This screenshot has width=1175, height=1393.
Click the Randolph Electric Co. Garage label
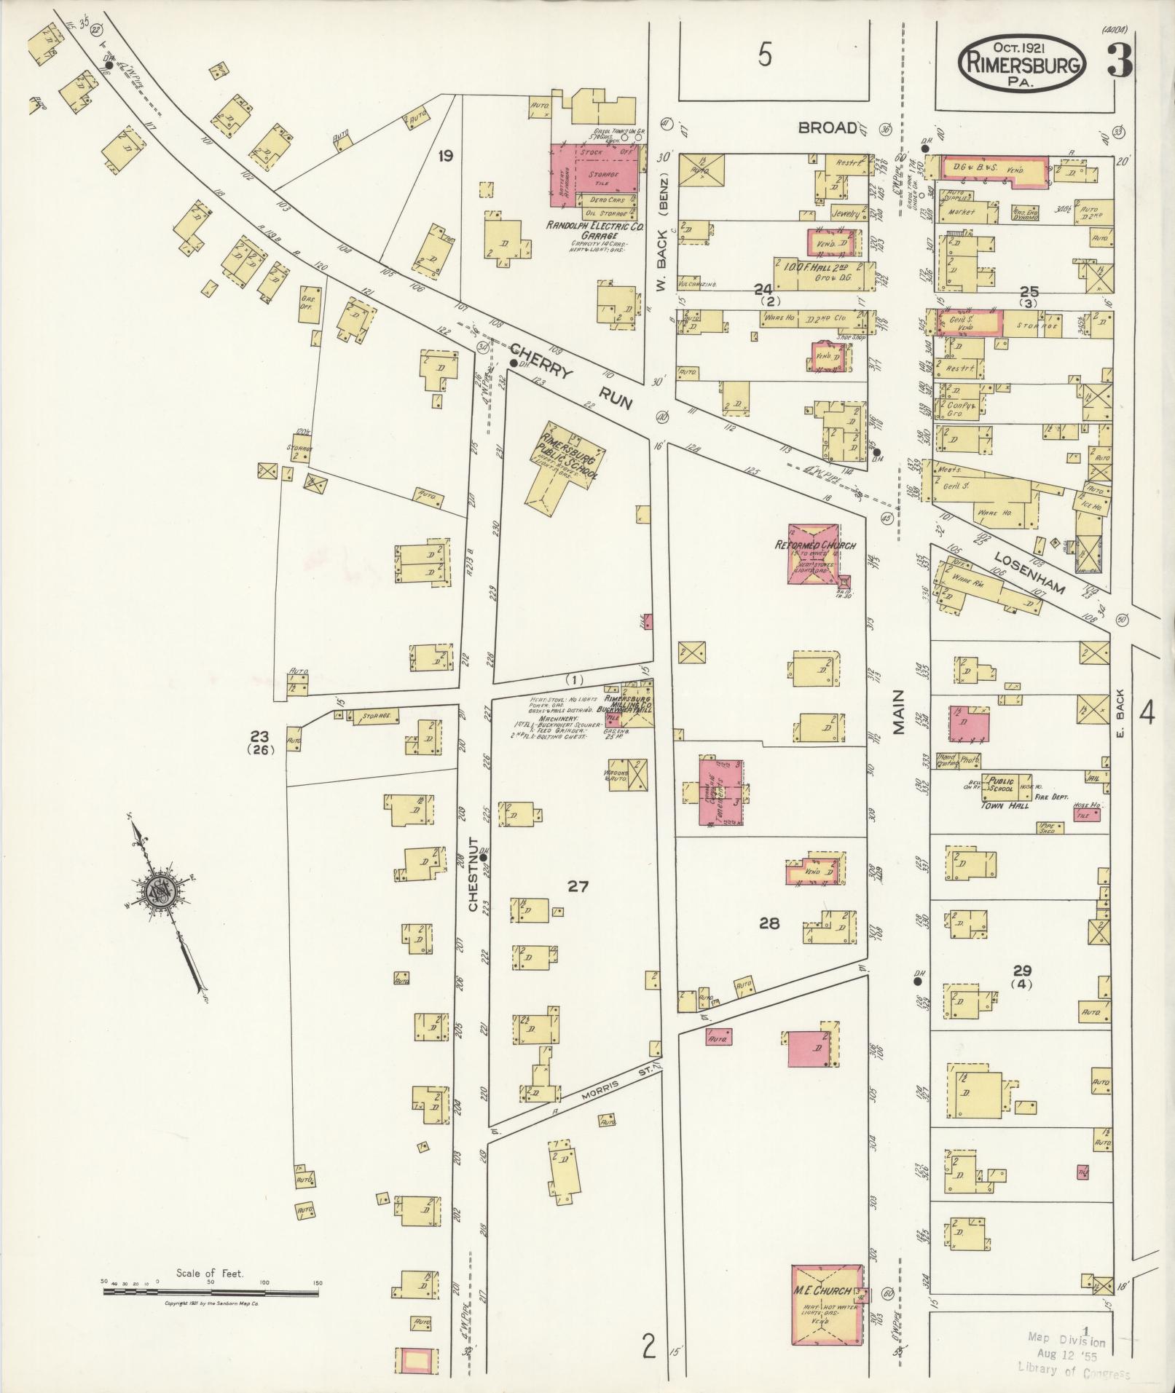(597, 231)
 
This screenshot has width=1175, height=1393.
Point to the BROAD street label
(828, 128)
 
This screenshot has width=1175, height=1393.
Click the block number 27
(578, 886)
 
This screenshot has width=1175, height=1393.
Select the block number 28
(769, 923)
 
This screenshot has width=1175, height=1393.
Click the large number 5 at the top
(764, 55)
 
